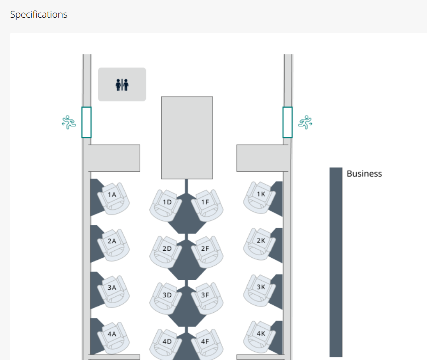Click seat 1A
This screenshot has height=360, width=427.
[113, 198]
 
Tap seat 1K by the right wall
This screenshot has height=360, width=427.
[260, 198]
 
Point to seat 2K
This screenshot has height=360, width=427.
[260, 244]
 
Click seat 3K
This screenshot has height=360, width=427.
[260, 291]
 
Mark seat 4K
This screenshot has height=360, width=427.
[260, 337]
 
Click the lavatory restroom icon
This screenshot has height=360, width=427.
[122, 85]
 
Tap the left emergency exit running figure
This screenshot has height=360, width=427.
[69, 122]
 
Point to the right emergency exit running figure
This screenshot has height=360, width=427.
[305, 122]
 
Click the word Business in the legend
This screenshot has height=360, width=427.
[364, 173]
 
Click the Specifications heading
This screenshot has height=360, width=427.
[39, 14]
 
